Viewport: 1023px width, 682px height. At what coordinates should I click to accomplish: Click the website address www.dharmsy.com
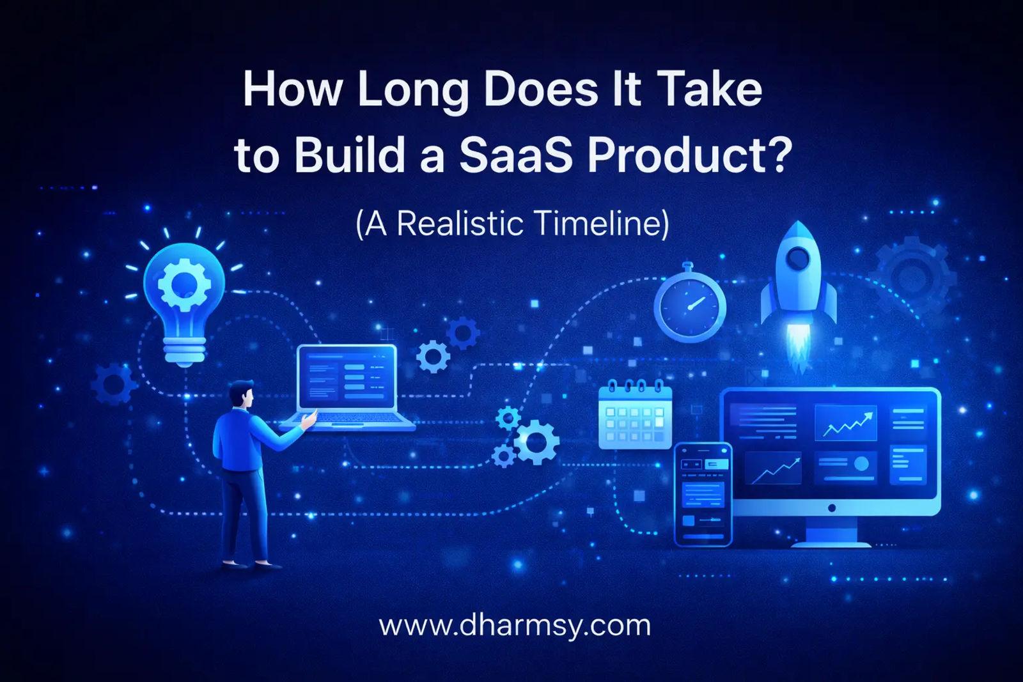(x=515, y=624)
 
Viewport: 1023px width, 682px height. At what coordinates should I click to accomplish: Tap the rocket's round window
(x=798, y=259)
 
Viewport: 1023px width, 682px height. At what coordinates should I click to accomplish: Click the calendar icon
(x=635, y=415)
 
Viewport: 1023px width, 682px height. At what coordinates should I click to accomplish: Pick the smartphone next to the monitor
(x=703, y=493)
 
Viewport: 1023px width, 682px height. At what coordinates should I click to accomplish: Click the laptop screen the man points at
(x=347, y=378)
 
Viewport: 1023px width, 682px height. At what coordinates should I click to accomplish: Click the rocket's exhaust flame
(x=798, y=348)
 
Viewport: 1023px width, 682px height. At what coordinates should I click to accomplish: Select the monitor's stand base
(x=831, y=542)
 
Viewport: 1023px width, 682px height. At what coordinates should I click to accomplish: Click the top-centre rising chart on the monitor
(x=845, y=422)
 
